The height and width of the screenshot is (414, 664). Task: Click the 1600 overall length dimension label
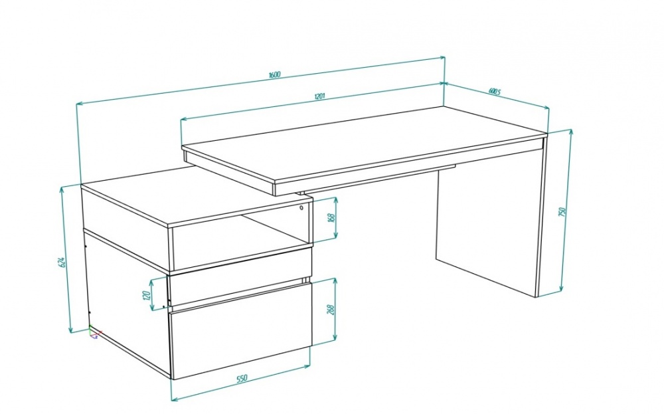pyautogui.click(x=275, y=75)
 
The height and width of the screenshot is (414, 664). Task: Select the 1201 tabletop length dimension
pyautogui.click(x=319, y=96)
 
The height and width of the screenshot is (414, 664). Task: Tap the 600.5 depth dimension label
pyautogui.click(x=495, y=92)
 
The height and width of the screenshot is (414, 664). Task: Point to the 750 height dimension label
pyautogui.click(x=562, y=212)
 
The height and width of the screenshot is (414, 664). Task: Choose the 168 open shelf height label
pyautogui.click(x=331, y=217)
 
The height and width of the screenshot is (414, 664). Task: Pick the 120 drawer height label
pyautogui.click(x=147, y=295)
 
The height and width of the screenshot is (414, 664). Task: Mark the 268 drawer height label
pyautogui.click(x=331, y=310)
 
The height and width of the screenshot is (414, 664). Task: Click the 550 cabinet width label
pyautogui.click(x=241, y=378)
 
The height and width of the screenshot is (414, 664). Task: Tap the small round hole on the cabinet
pyautogui.click(x=301, y=207)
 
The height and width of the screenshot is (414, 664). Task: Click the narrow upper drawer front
pyautogui.click(x=240, y=278)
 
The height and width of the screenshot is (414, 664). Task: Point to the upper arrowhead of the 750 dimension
pyautogui.click(x=571, y=132)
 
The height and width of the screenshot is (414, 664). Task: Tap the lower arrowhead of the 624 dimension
pyautogui.click(x=71, y=329)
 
